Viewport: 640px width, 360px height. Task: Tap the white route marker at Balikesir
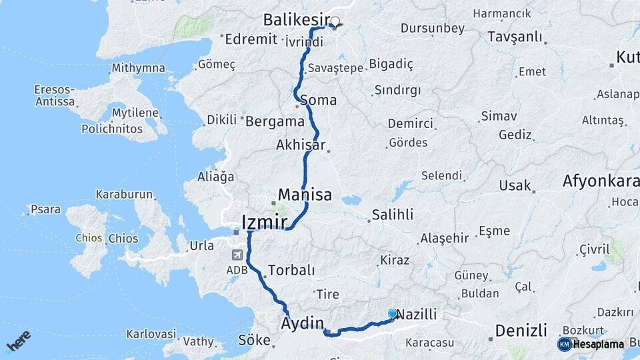click(335, 21)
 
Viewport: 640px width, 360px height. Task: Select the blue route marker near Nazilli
click(393, 313)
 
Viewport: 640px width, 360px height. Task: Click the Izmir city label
click(265, 221)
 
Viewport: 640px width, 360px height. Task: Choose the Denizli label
click(521, 330)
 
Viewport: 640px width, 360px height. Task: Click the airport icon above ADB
click(237, 255)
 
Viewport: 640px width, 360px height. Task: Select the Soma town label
click(318, 101)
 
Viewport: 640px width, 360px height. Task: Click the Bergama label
click(275, 122)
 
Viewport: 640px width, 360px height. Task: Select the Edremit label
click(251, 39)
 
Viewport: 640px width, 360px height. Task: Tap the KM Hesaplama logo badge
click(591, 344)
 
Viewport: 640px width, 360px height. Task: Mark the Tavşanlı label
click(515, 37)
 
